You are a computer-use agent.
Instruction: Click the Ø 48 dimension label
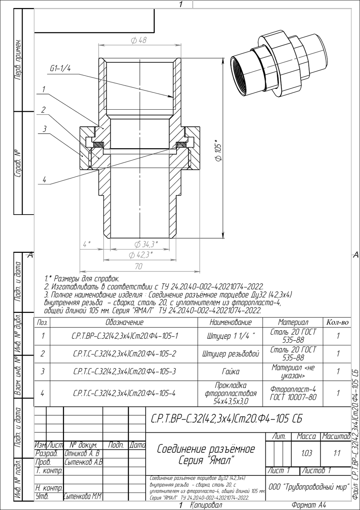139,40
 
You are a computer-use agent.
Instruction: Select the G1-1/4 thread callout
60,68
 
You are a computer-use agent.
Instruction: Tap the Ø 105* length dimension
218,150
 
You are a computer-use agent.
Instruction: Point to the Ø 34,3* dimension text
146,244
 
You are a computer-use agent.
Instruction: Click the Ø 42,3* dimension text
141,255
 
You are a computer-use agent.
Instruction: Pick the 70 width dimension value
139,266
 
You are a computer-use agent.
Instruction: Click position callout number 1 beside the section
44,89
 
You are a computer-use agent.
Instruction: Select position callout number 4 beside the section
44,180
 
